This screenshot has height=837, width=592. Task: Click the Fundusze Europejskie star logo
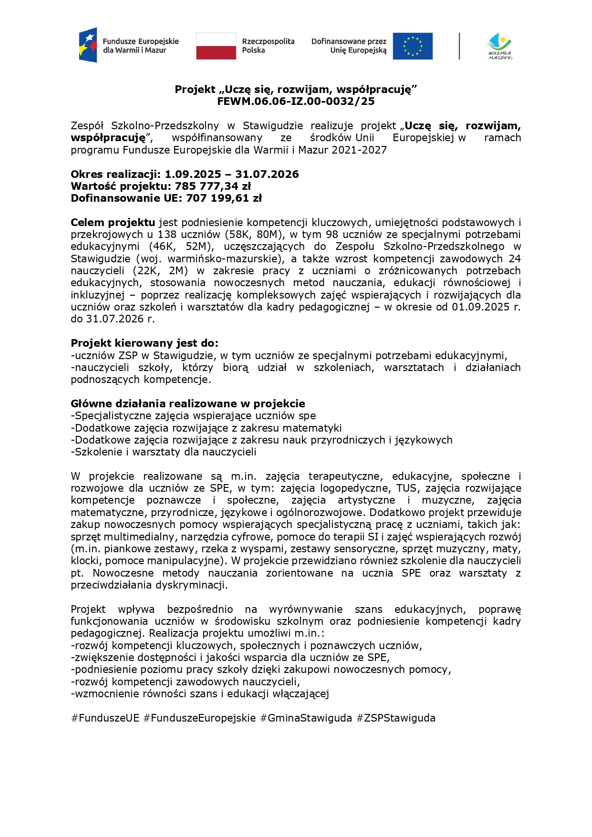(x=88, y=45)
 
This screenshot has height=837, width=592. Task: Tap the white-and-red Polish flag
(x=216, y=46)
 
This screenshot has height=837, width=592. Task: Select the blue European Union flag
(x=413, y=46)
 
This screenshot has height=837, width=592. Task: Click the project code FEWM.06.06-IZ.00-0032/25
(x=296, y=101)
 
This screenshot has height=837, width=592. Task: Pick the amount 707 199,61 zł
(x=224, y=198)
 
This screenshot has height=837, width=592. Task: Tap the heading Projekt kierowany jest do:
(x=145, y=343)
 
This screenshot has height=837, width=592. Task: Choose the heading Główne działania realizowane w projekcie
(x=188, y=403)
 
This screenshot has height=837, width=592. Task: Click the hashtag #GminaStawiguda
(x=306, y=718)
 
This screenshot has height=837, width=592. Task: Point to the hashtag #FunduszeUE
(x=105, y=718)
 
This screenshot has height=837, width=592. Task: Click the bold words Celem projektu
(x=113, y=222)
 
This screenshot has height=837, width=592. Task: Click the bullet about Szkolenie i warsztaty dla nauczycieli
(x=164, y=452)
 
